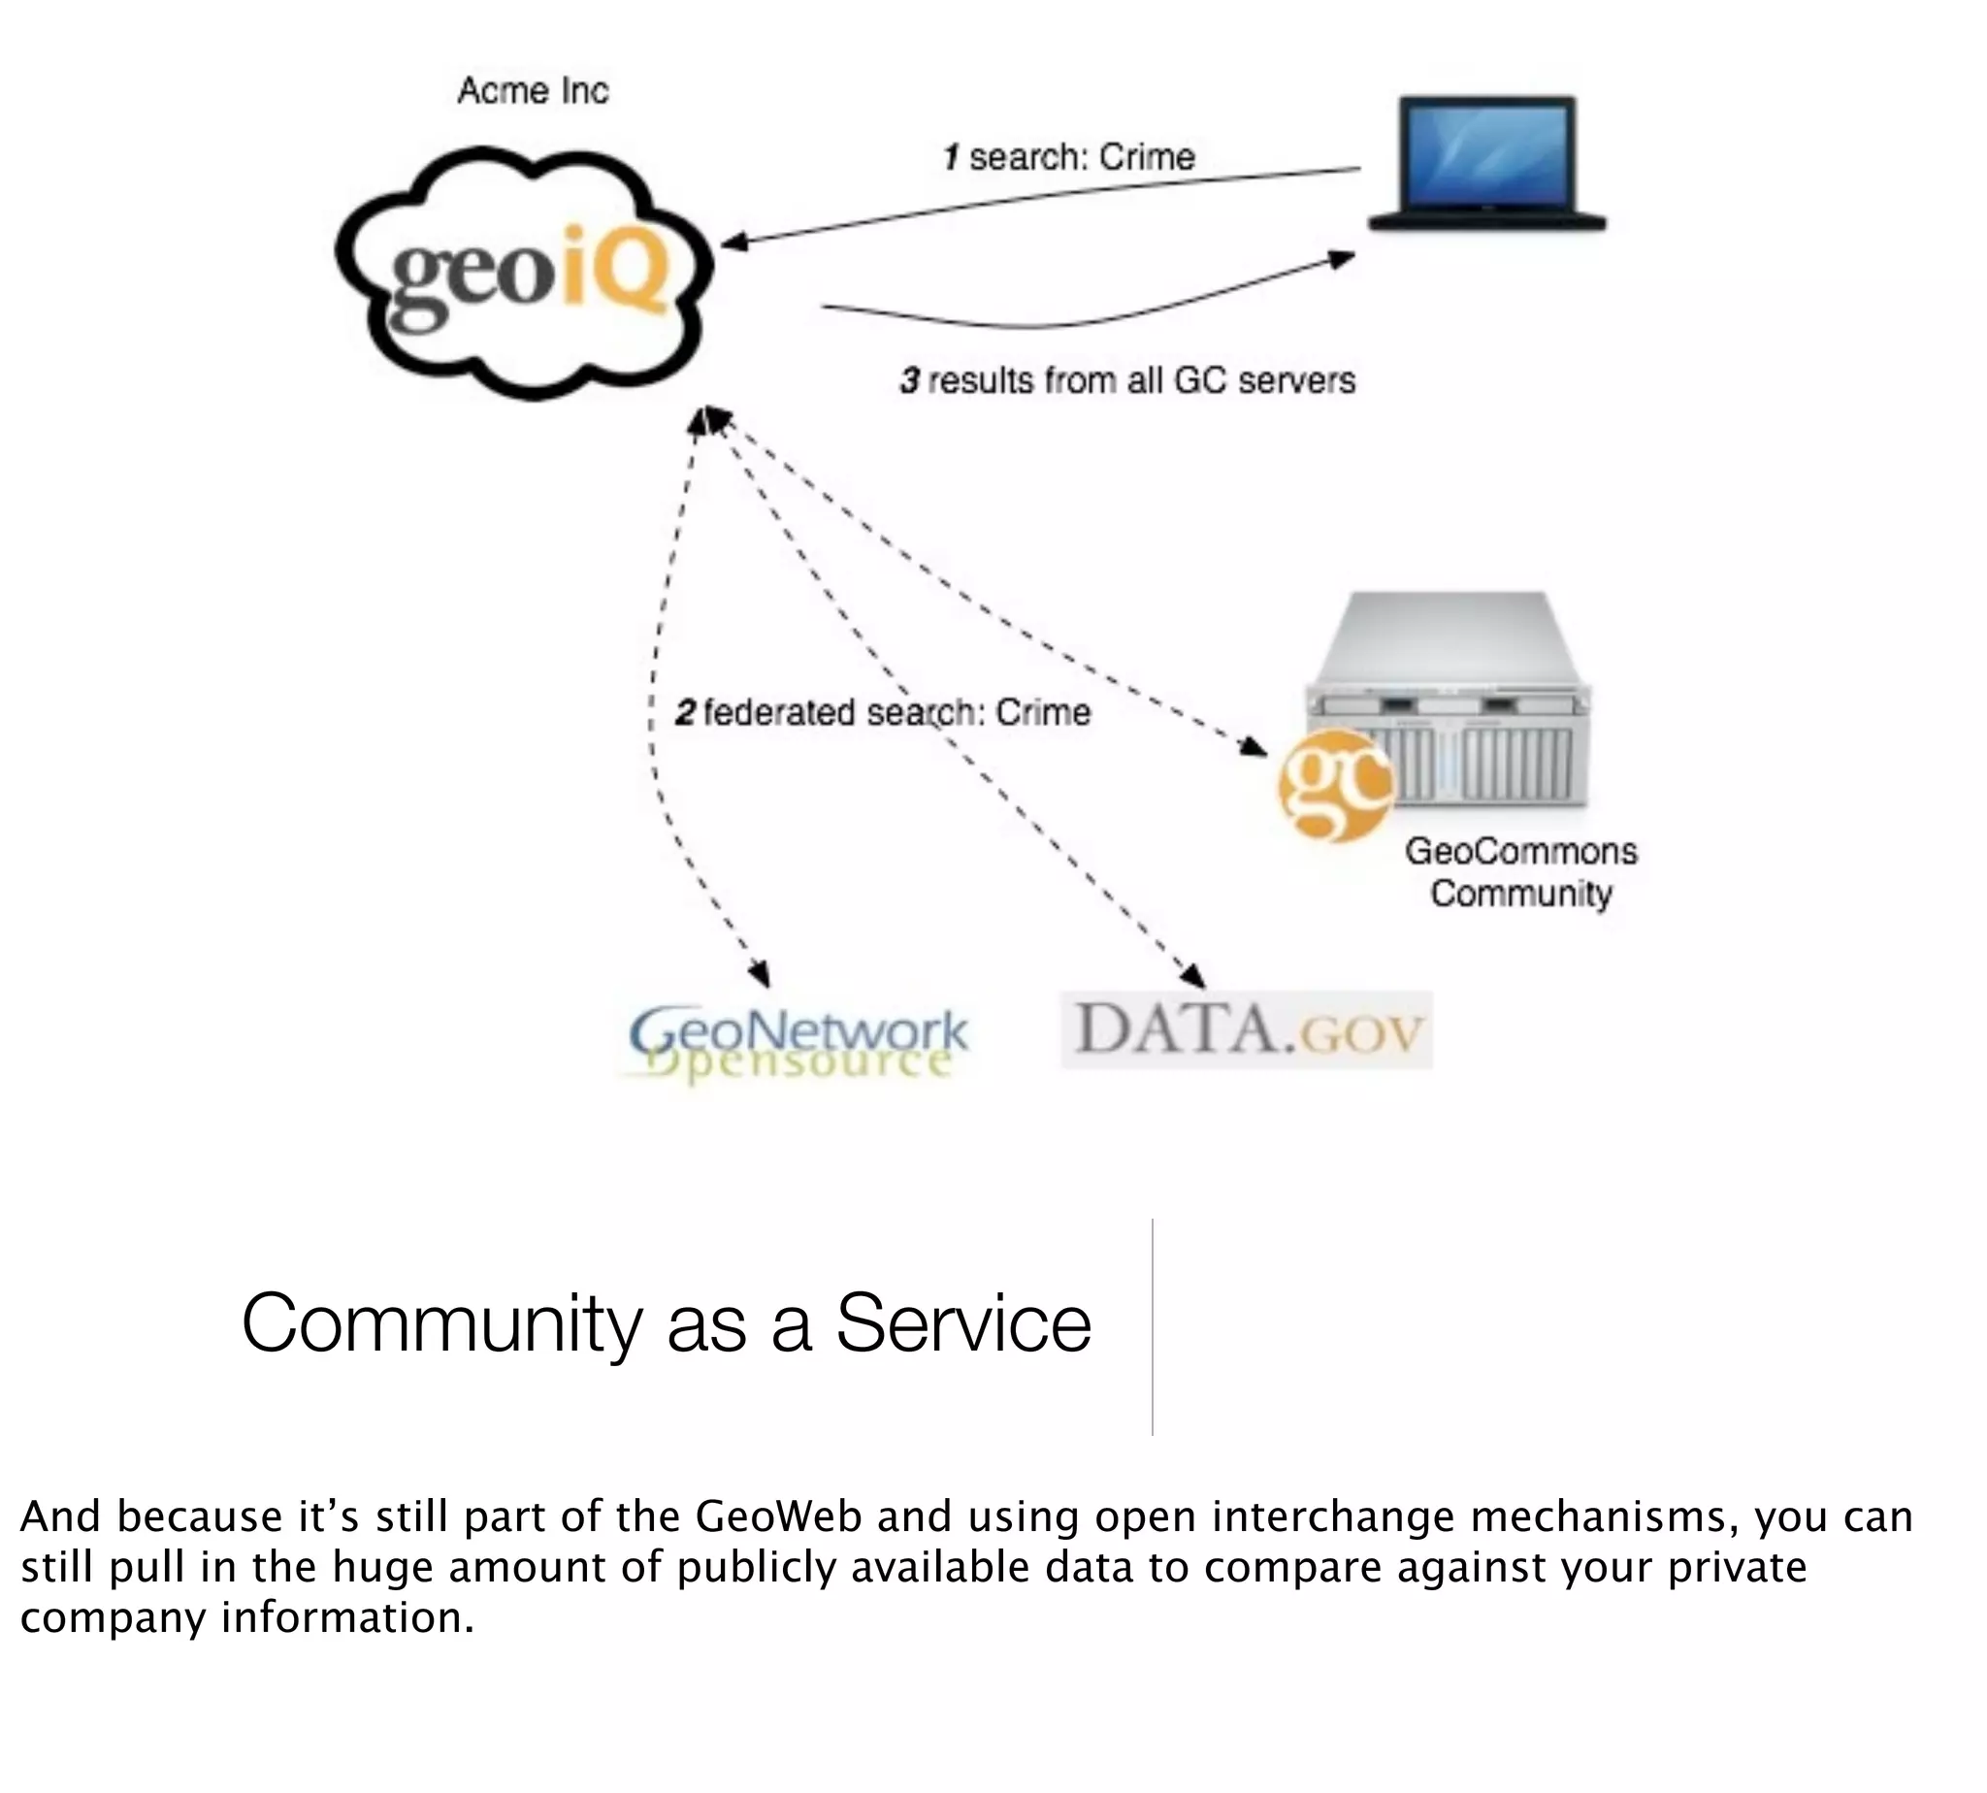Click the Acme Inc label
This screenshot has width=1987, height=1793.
pyautogui.click(x=532, y=90)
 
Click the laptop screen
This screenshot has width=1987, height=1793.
pyautogui.click(x=1486, y=152)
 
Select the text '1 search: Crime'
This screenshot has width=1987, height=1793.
pyautogui.click(x=1069, y=156)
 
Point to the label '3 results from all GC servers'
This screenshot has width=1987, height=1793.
pyautogui.click(x=1127, y=380)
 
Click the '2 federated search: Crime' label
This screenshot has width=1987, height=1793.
pyautogui.click(x=883, y=712)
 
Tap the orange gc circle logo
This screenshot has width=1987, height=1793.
pyautogui.click(x=1334, y=785)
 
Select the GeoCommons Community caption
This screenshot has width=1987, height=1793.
pyautogui.click(x=1520, y=872)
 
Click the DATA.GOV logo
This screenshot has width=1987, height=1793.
pyautogui.click(x=1246, y=1029)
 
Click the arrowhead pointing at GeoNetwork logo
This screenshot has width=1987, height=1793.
pyautogui.click(x=760, y=975)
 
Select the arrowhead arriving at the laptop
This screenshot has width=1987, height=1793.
pyautogui.click(x=1341, y=258)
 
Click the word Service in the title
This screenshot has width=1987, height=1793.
pyautogui.click(x=962, y=1323)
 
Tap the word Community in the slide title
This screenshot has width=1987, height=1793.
pyautogui.click(x=441, y=1323)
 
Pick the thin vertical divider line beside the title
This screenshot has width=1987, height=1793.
pyautogui.click(x=1152, y=1325)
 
